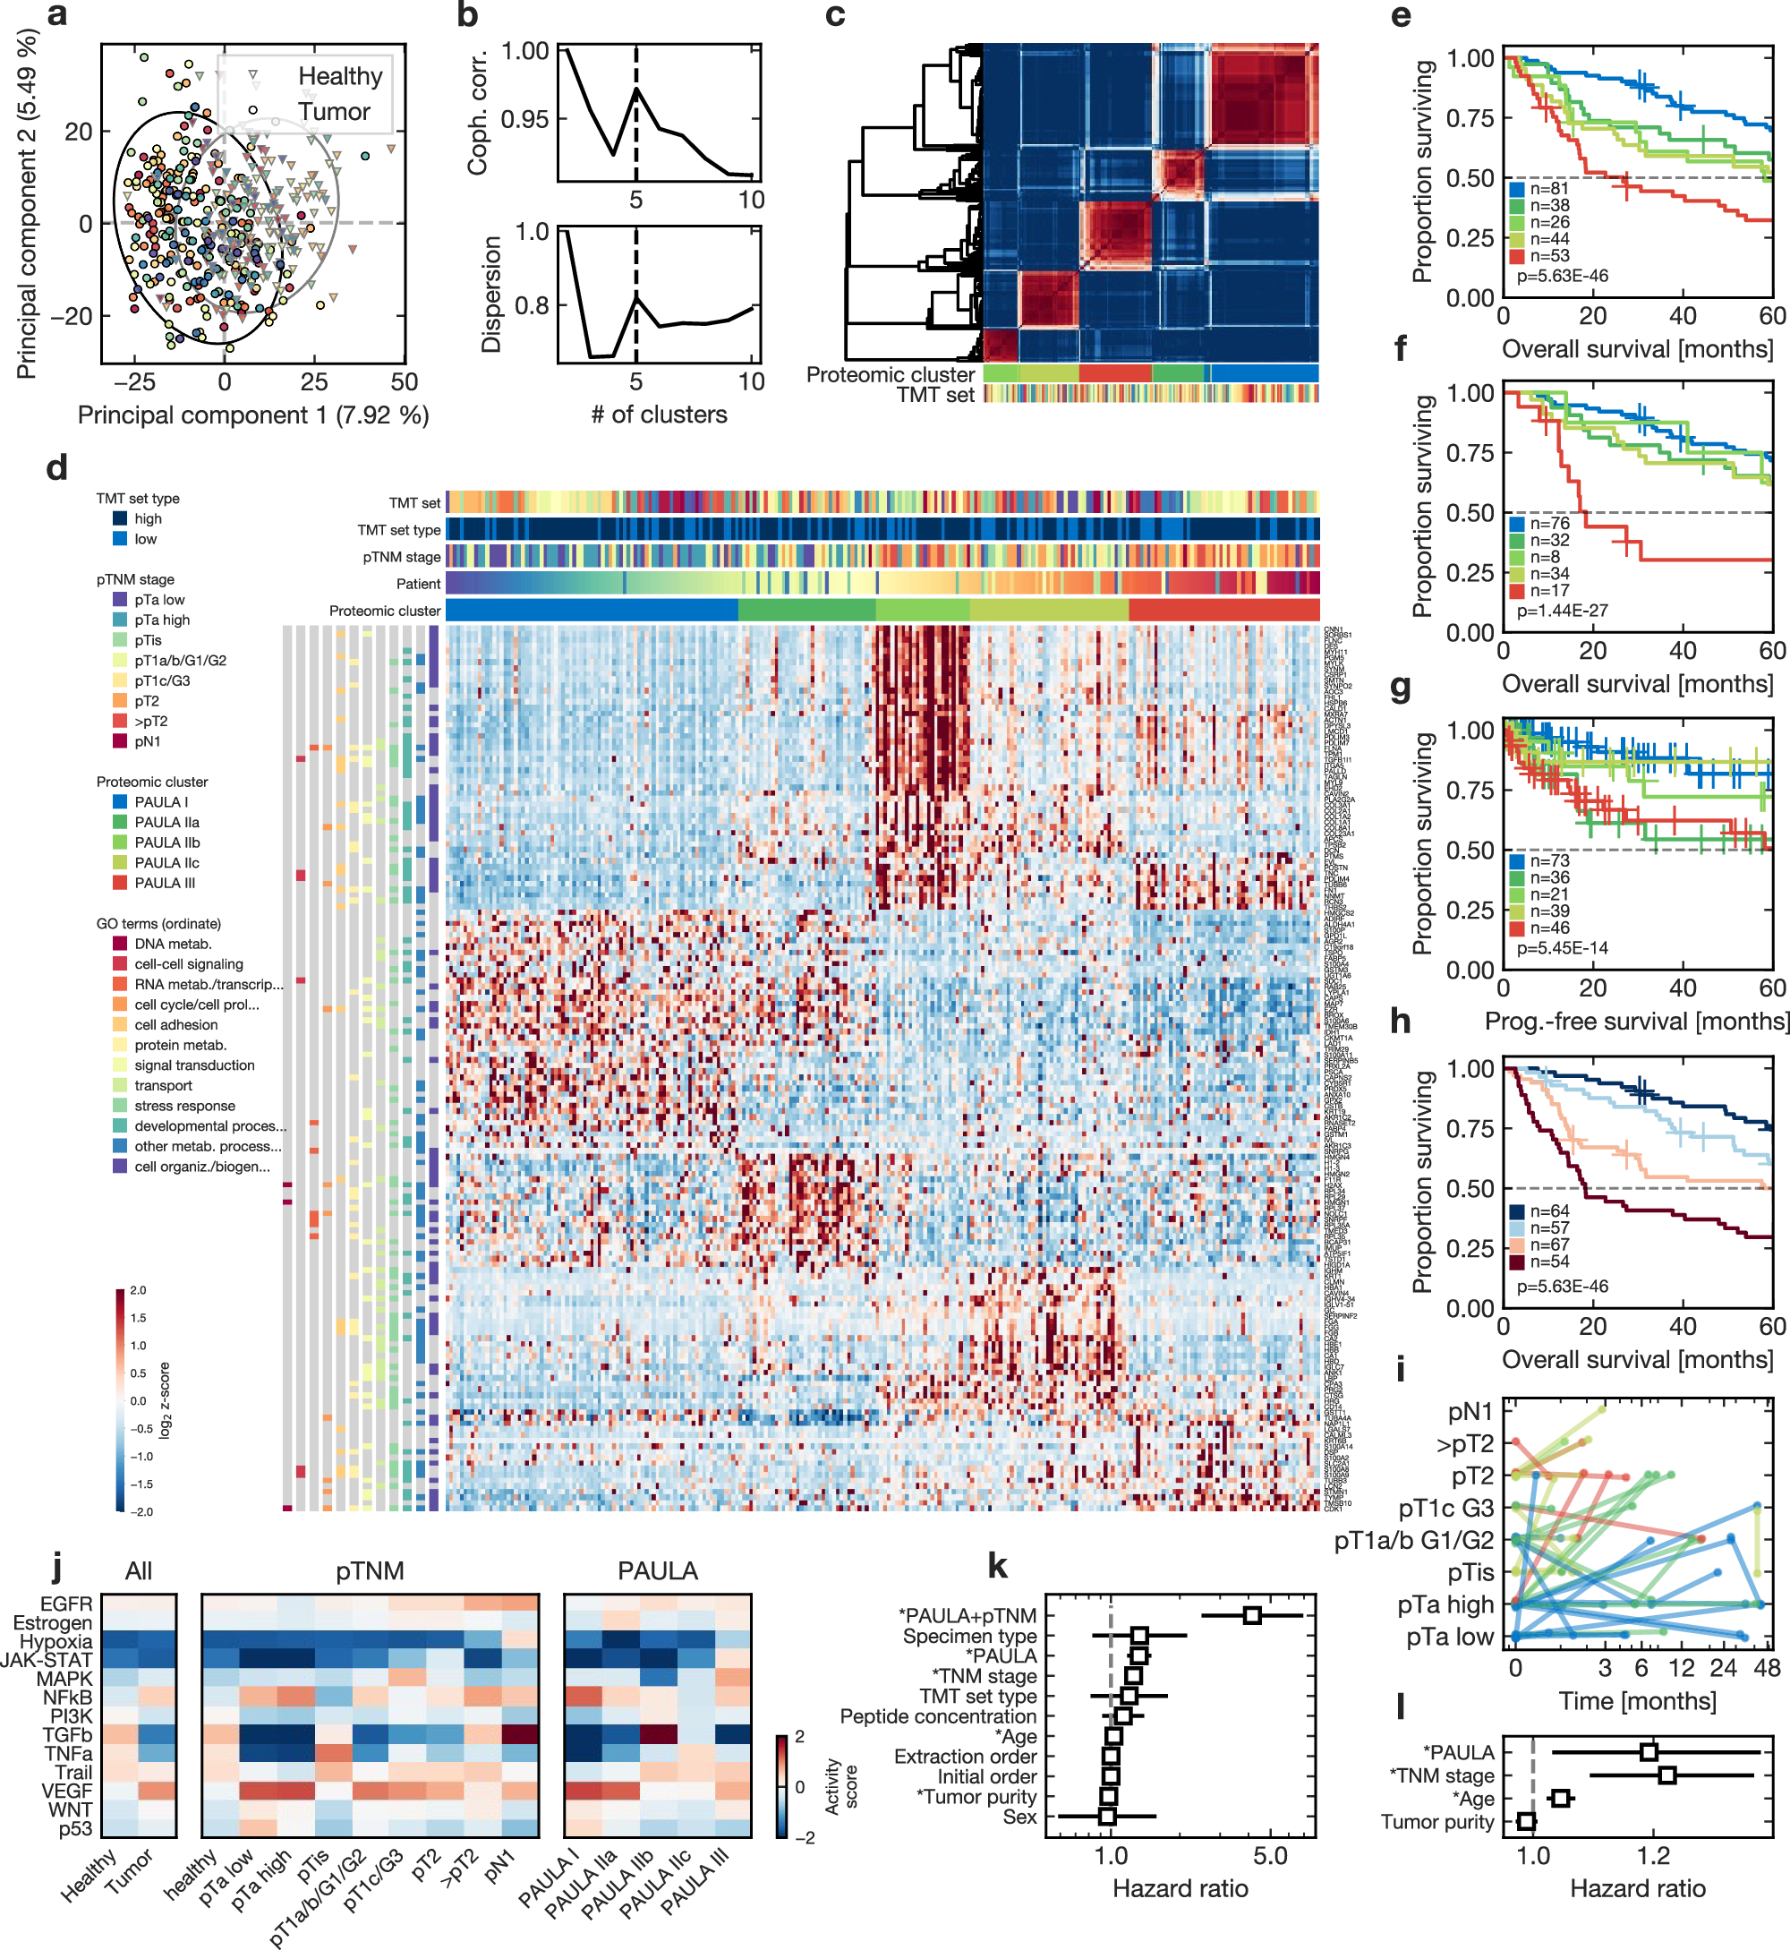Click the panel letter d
point(56,468)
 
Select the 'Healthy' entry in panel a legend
point(339,75)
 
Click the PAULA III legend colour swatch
point(120,883)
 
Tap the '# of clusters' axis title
point(659,415)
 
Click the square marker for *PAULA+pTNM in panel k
point(1251,1615)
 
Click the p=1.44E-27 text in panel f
point(1562,611)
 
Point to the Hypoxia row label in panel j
point(56,1641)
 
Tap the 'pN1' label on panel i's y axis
point(1470,1413)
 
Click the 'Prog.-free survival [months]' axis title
point(1636,1021)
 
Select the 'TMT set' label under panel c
point(934,394)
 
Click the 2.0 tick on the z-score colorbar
point(138,1290)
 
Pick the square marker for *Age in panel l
point(1559,1798)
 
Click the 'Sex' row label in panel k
point(1019,1817)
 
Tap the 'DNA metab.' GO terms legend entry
point(173,944)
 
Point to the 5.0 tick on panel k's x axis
point(1270,1855)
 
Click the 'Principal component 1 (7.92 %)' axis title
point(252,415)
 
